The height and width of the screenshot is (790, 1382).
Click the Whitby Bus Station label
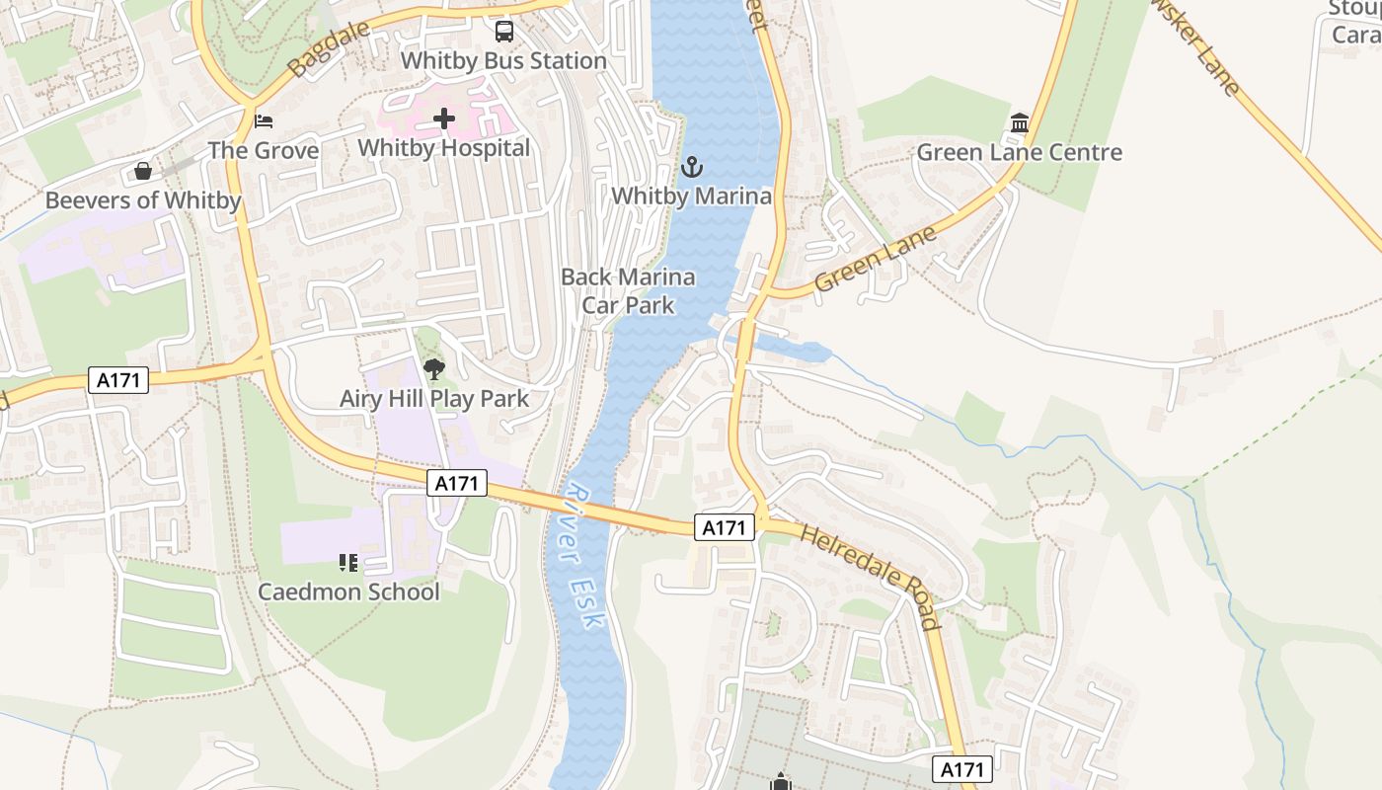(x=503, y=60)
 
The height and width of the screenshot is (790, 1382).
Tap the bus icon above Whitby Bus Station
(x=504, y=32)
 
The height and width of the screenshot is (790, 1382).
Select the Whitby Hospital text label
(x=444, y=148)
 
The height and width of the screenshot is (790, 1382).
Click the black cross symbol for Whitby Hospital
(x=444, y=119)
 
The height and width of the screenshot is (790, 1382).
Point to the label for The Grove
(x=264, y=151)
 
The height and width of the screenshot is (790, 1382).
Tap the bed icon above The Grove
(x=264, y=121)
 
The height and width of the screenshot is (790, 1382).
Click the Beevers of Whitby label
(x=143, y=200)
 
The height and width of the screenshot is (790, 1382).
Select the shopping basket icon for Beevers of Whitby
(x=143, y=172)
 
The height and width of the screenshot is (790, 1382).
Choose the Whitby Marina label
(x=692, y=196)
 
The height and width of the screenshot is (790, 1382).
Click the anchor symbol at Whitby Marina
(x=692, y=166)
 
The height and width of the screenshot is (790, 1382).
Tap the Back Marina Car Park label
(x=628, y=291)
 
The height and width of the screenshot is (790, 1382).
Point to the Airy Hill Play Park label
(x=434, y=399)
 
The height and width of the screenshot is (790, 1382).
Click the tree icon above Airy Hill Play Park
(x=433, y=370)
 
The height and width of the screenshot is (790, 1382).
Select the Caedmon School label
(x=348, y=592)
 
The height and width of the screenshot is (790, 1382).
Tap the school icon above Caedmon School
(x=348, y=563)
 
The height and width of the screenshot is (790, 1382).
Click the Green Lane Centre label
(x=1020, y=152)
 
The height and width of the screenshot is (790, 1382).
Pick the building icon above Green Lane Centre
(x=1020, y=123)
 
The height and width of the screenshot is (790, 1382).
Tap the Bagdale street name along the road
(x=329, y=48)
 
